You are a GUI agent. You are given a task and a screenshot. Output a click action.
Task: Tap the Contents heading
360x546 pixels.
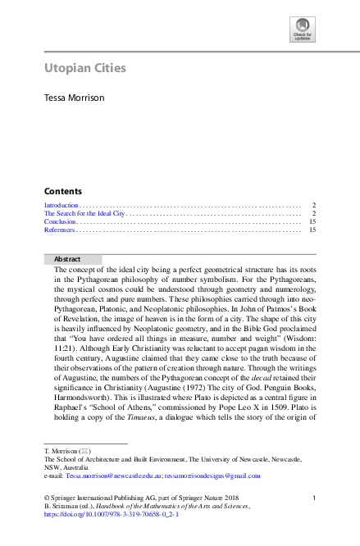62,190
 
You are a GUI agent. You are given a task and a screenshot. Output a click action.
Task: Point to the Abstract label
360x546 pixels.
67,259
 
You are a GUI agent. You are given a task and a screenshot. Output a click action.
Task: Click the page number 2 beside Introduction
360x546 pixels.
314,204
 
